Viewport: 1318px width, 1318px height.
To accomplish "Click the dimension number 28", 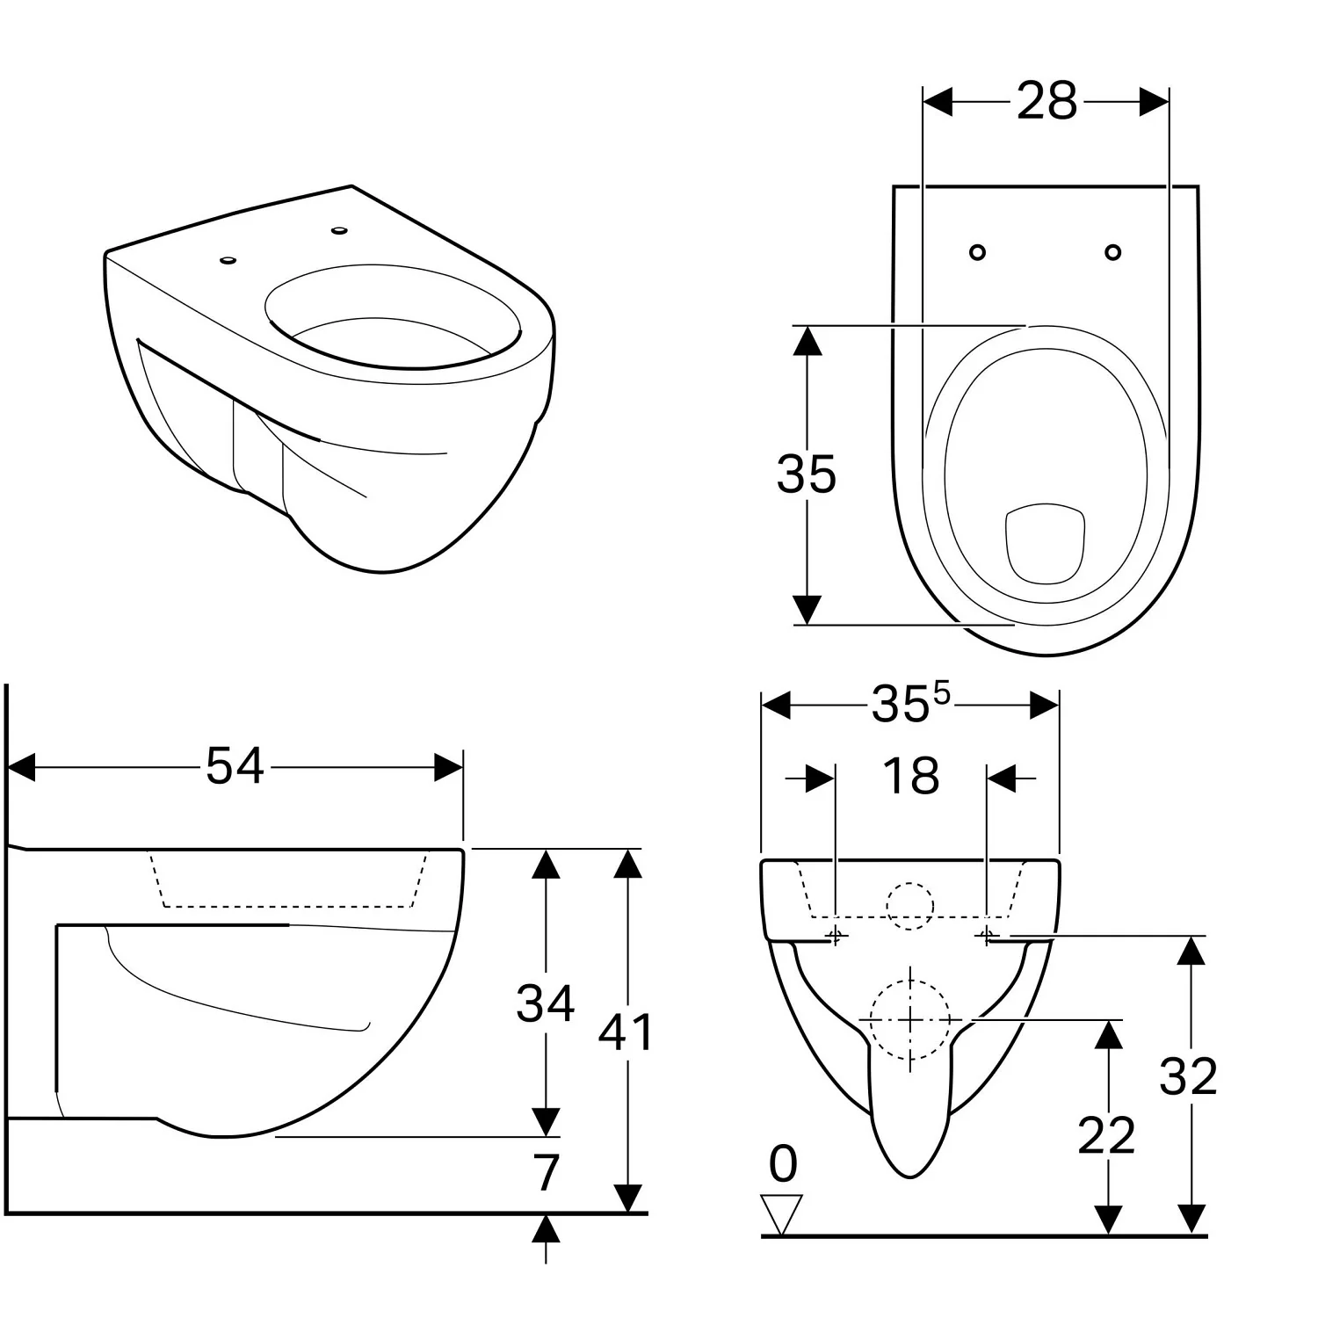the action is (x=1046, y=101).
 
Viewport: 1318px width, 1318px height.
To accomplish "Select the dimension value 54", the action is (x=235, y=765).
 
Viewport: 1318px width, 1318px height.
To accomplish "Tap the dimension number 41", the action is (x=626, y=1032).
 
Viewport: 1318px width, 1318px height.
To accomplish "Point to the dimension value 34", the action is (x=545, y=1003).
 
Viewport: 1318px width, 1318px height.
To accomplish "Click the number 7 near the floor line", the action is (x=547, y=1172).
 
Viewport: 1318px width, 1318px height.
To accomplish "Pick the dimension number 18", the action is (x=910, y=777).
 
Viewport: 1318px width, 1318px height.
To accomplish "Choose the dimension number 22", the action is (x=1106, y=1135).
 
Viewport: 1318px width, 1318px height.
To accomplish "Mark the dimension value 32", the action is (x=1188, y=1076).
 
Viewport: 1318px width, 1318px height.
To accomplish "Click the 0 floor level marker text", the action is (x=783, y=1165).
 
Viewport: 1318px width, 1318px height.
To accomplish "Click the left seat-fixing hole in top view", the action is (x=977, y=253).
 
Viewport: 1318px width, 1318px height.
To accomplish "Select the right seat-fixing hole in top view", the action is (x=1113, y=253).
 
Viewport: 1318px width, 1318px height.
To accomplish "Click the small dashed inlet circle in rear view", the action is (x=909, y=905).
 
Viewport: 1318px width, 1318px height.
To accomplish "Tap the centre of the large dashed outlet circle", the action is (x=910, y=1019).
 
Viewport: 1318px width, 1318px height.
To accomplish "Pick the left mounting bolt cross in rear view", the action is (x=836, y=936).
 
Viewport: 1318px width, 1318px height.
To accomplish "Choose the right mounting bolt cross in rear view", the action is (x=987, y=936).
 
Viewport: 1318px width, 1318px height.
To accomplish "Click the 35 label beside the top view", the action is (x=806, y=474).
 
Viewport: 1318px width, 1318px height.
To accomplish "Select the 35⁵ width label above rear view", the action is (x=910, y=704).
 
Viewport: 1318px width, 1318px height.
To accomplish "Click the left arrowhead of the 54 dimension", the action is (x=21, y=766).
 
